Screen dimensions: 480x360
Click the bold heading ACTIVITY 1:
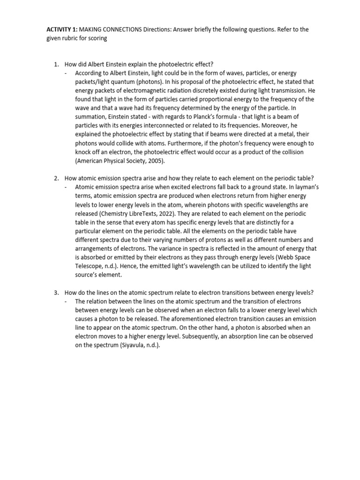[x=61, y=30]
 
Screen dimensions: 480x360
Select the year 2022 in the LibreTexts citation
[x=149, y=213]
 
